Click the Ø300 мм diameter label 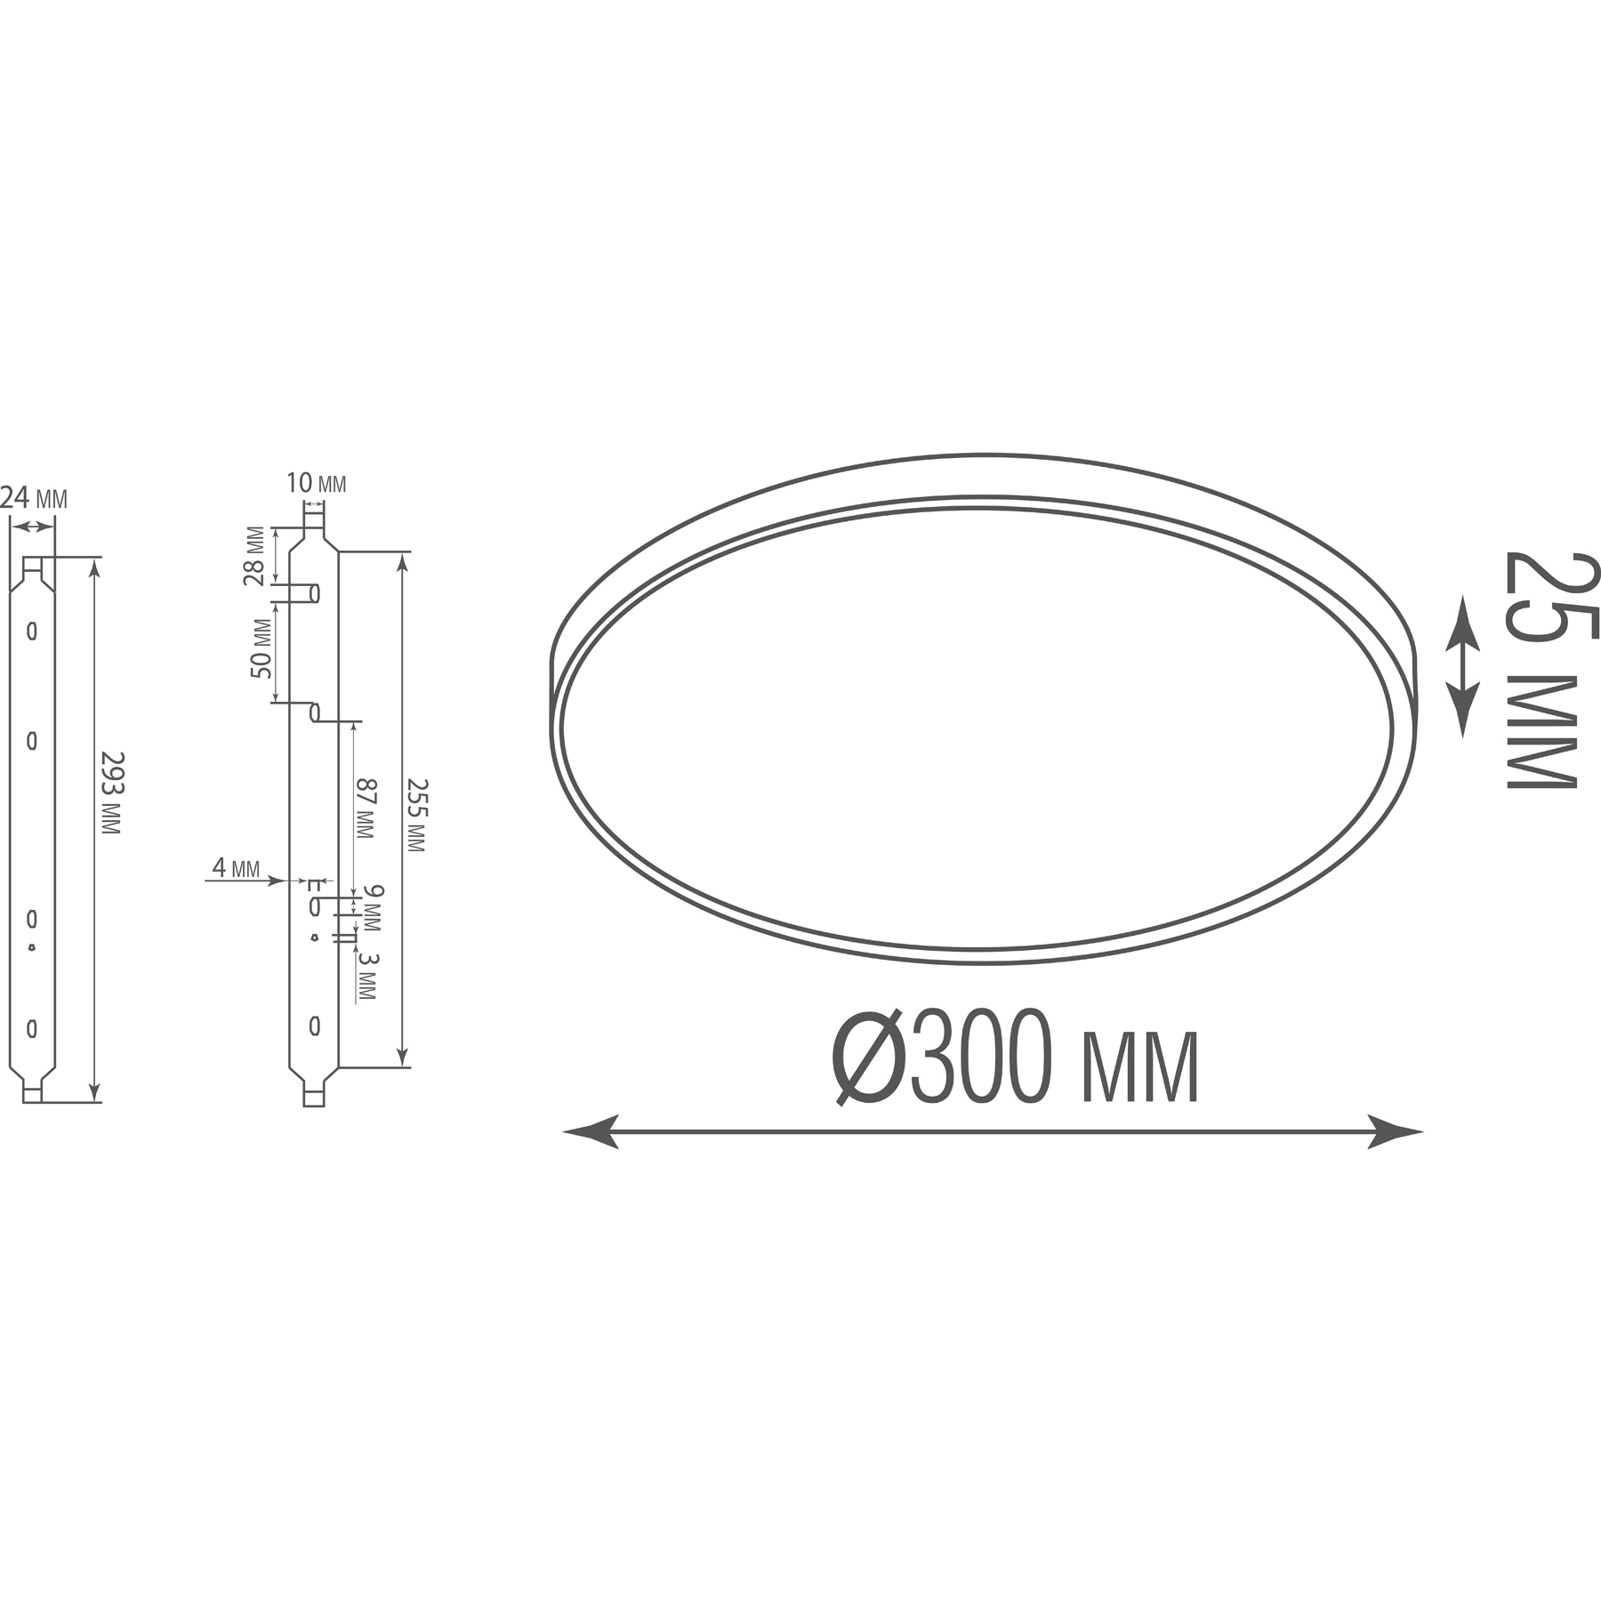tap(1015, 1057)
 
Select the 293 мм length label tap(111, 792)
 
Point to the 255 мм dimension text tap(415, 815)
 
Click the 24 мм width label tap(34, 499)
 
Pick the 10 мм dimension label tap(317, 484)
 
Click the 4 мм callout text tap(236, 867)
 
